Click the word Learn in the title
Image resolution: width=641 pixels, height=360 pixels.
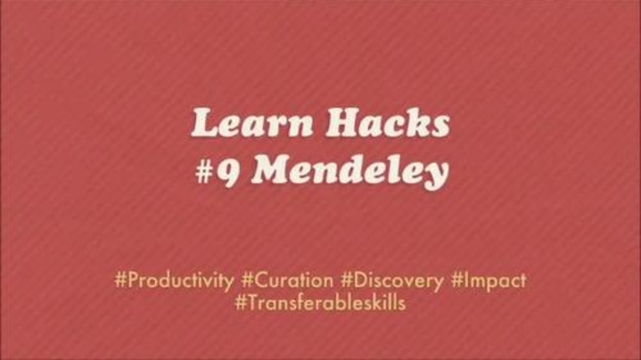[252, 122]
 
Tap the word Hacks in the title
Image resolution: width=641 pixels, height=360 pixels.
[388, 122]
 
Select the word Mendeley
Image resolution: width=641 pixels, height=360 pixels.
[350, 172]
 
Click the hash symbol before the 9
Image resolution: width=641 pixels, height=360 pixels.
[203, 172]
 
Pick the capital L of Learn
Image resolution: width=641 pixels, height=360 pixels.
[206, 122]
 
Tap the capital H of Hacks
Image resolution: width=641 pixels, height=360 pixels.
[344, 122]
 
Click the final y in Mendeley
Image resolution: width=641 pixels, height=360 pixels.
[434, 176]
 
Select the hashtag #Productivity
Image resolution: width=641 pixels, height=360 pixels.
[174, 281]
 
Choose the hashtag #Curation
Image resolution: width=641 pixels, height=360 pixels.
[287, 281]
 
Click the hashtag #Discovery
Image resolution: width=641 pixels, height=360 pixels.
[392, 281]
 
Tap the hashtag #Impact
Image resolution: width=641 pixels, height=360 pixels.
[489, 281]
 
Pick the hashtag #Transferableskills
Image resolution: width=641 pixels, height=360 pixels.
[321, 303]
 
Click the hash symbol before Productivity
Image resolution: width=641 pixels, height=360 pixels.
[120, 281]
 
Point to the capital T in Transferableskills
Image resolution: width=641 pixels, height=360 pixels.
[253, 303]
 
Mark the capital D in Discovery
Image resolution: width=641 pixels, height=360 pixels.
[360, 281]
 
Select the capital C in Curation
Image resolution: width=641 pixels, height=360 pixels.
[261, 281]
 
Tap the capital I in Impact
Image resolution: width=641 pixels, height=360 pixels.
[466, 281]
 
